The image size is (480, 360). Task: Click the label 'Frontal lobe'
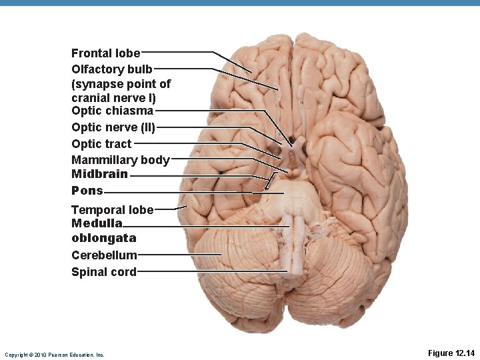[105, 53]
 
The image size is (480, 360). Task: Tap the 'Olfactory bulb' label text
[112, 69]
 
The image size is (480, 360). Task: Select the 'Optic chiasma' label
[112, 111]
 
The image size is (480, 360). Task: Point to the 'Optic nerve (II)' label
[113, 127]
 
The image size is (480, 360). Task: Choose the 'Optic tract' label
[101, 143]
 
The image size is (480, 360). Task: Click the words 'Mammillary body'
[120, 160]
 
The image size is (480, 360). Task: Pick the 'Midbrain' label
[99, 174]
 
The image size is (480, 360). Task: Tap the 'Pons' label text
[87, 191]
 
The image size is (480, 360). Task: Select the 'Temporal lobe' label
[112, 210]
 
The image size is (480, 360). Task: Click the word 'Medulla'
[97, 223]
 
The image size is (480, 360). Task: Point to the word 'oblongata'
[103, 238]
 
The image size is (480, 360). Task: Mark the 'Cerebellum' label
[104, 255]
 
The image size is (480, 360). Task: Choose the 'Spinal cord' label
[103, 271]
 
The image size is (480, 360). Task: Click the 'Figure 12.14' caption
[451, 353]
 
